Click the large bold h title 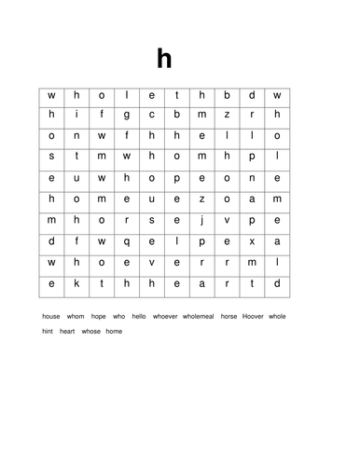point(164,59)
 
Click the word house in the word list point(51,316)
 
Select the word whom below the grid point(76,316)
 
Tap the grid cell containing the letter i point(76,114)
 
